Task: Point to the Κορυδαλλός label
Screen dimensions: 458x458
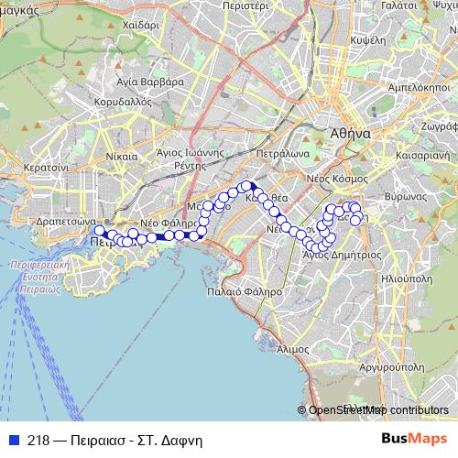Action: click(x=122, y=102)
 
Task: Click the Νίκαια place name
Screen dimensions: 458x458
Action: click(x=121, y=156)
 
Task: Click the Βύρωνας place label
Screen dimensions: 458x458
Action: click(x=407, y=196)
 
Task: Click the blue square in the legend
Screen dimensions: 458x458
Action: click(x=15, y=440)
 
